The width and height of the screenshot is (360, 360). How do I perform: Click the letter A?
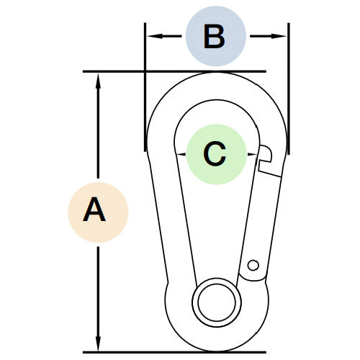click(94, 210)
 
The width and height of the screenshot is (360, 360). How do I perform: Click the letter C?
click(215, 154)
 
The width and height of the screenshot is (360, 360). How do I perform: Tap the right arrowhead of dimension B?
click(279, 36)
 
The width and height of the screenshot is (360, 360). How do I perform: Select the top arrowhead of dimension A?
click(98, 81)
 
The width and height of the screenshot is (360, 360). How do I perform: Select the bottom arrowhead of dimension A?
click(98, 343)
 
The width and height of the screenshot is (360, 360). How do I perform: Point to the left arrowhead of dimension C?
click(181, 154)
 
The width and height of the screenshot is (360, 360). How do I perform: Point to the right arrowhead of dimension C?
click(252, 154)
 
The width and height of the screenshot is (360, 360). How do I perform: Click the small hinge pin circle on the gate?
click(253, 265)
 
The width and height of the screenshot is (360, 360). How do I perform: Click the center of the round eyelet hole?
click(217, 302)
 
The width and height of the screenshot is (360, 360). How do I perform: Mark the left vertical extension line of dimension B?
click(145, 87)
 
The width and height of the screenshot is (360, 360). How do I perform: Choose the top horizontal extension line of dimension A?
click(174, 71)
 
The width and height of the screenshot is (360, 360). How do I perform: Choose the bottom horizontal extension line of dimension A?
click(174, 352)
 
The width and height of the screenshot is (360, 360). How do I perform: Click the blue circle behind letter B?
click(216, 36)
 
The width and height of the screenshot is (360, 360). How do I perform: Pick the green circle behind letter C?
click(217, 154)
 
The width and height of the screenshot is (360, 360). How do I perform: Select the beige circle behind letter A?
click(98, 212)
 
